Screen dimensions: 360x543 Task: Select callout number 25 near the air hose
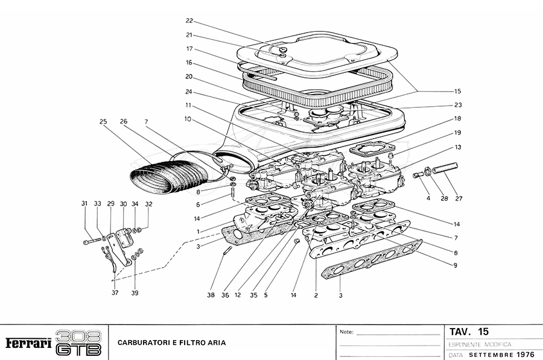click(x=103, y=122)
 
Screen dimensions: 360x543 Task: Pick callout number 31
click(x=84, y=204)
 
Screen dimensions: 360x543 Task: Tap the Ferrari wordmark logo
click(x=28, y=344)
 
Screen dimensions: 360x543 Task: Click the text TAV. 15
click(x=469, y=332)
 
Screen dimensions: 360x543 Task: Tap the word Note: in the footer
click(x=347, y=332)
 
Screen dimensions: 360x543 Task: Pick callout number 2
click(x=316, y=295)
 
